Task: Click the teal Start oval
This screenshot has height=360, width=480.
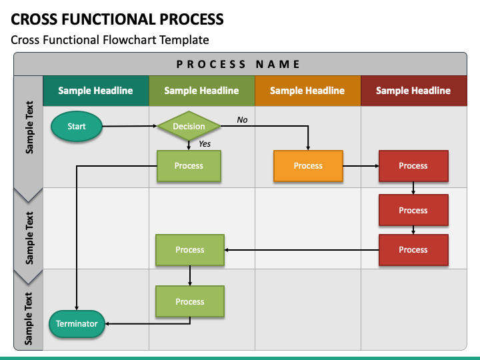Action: [77, 126]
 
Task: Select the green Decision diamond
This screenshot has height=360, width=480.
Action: [189, 126]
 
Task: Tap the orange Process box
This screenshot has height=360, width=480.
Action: [308, 166]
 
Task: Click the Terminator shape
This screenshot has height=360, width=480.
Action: [77, 324]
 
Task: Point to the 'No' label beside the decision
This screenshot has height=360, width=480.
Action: [242, 120]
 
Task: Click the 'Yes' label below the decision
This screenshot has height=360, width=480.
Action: [205, 143]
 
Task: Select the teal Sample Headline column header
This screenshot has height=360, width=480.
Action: [96, 91]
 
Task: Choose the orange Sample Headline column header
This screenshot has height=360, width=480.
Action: [307, 91]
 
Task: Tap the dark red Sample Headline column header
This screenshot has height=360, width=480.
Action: [414, 91]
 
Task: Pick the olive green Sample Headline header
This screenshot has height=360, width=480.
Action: [202, 91]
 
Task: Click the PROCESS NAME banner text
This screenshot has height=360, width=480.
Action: [238, 64]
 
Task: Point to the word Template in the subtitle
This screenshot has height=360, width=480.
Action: [184, 40]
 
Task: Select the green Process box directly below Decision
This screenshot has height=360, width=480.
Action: [189, 166]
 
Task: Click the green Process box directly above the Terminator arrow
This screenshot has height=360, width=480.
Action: [190, 301]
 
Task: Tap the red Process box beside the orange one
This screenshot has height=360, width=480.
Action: [413, 166]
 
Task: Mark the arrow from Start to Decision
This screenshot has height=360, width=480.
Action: [129, 126]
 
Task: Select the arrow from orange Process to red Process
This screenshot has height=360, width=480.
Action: [361, 166]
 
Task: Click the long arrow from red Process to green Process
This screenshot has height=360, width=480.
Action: [301, 250]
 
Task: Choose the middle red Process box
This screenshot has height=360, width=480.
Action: [413, 210]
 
